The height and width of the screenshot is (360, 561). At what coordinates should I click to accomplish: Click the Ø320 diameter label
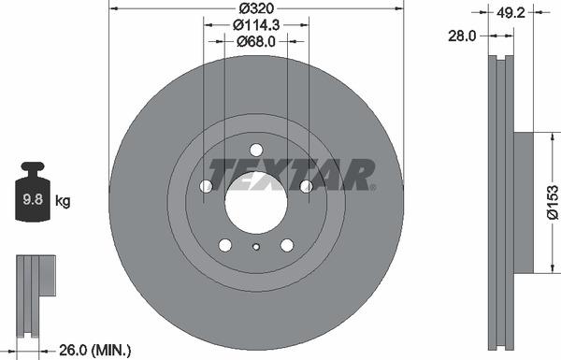(256, 9)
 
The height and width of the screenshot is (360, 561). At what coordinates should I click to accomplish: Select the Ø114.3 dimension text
(256, 25)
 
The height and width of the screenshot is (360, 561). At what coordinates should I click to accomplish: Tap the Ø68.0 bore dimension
(256, 41)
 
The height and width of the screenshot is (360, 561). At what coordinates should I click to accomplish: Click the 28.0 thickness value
(462, 35)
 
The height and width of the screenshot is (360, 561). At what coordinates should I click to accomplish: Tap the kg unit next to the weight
(63, 200)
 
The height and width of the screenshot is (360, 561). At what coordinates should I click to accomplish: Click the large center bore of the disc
(255, 203)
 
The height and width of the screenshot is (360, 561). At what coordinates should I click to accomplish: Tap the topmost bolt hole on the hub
(256, 150)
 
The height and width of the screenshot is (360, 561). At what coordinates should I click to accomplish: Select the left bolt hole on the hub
(206, 187)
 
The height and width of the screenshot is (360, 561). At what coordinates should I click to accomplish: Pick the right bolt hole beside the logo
(306, 187)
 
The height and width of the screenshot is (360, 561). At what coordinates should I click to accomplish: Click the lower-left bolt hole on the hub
(224, 245)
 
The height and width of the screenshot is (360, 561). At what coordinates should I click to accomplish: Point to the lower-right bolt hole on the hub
(286, 245)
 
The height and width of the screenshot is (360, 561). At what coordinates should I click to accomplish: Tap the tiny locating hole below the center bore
(256, 247)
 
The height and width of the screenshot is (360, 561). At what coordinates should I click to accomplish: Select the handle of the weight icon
(34, 169)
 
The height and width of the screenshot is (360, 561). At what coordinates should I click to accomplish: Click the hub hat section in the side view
(523, 203)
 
